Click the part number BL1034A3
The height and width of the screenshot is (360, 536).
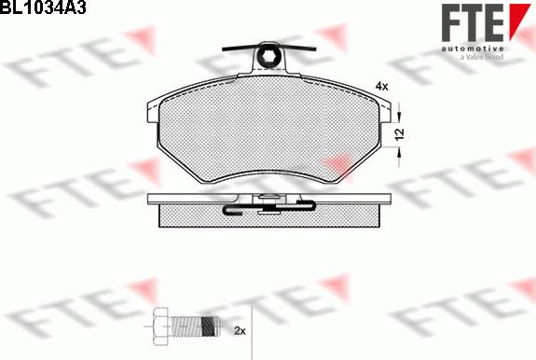[43, 7]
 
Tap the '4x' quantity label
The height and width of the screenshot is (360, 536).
[382, 87]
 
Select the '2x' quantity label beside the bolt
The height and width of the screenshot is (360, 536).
[240, 330]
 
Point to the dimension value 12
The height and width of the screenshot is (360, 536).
[399, 134]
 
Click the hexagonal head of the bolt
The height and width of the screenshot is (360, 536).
[160, 326]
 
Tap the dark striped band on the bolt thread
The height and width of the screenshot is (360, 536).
[208, 326]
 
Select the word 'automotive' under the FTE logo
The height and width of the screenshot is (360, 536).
[473, 48]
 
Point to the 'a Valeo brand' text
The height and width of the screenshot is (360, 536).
[481, 57]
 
